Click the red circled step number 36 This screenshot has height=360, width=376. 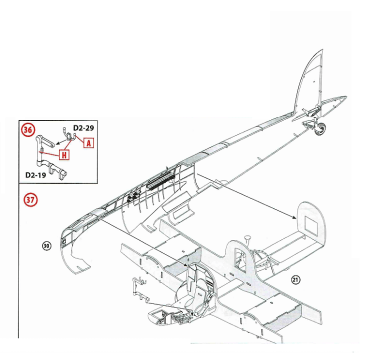click(x=28, y=130)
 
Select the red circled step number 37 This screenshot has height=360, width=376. click(x=30, y=200)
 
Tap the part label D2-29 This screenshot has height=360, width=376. click(x=83, y=128)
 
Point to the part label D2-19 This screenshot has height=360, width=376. click(x=36, y=175)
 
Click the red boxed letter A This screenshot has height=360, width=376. click(x=88, y=143)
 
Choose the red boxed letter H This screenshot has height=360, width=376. click(x=64, y=154)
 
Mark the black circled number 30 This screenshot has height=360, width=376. click(x=46, y=246)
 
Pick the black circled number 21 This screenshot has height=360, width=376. click(x=296, y=280)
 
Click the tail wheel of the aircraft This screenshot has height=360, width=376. click(x=320, y=130)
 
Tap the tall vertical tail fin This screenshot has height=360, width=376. click(x=310, y=82)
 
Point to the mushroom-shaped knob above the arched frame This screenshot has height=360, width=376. click(x=248, y=239)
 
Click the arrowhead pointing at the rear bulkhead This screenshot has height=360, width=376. click(x=294, y=218)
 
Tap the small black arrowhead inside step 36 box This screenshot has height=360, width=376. click(x=57, y=143)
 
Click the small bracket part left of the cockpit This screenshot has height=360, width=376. click(x=139, y=289)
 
